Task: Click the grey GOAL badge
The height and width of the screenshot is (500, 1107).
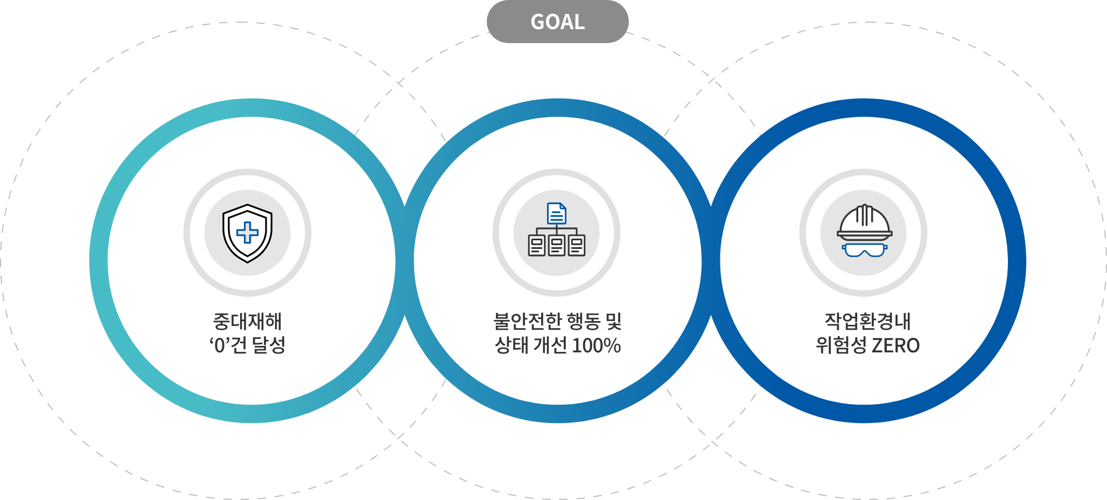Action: (x=557, y=22)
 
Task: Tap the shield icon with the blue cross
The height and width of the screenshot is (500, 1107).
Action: (x=247, y=233)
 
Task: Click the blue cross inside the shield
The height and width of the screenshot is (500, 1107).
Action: (x=247, y=233)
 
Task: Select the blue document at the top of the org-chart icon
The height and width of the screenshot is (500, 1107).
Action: (x=556, y=213)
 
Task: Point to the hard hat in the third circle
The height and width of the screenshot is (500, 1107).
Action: (x=864, y=222)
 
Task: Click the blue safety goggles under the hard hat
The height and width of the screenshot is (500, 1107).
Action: (x=864, y=250)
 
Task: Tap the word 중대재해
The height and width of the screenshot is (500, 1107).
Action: (x=247, y=322)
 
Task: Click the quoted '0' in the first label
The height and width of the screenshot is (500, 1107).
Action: (x=219, y=345)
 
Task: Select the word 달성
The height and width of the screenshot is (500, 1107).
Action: (x=269, y=345)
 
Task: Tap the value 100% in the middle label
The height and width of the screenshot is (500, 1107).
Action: (x=596, y=345)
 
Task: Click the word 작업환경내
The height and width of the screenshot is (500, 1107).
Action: (x=867, y=322)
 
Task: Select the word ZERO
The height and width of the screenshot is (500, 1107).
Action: (x=895, y=345)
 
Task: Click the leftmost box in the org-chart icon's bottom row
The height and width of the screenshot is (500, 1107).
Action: (x=537, y=246)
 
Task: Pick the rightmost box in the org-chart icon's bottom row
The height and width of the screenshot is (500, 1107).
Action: (x=576, y=246)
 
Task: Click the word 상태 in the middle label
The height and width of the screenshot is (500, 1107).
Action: (x=511, y=345)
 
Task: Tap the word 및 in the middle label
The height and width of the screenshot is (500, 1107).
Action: (x=614, y=322)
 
